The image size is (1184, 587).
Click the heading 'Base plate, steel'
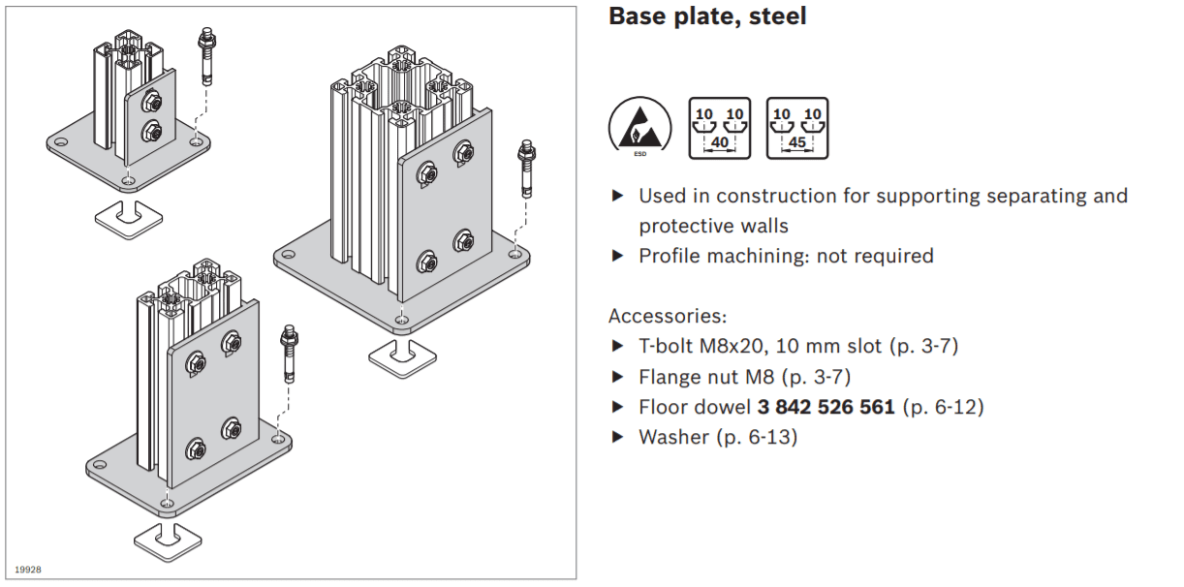707,16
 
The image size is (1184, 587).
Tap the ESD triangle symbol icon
637,128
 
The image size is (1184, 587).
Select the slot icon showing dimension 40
719,128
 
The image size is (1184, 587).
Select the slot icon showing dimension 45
796,128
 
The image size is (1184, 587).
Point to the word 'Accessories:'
667,316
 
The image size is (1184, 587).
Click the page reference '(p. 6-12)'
943,407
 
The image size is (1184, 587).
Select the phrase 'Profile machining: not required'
786,256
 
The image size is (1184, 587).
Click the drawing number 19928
28,570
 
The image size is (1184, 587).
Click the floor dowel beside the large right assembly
526,167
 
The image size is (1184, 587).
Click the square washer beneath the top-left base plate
128,214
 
